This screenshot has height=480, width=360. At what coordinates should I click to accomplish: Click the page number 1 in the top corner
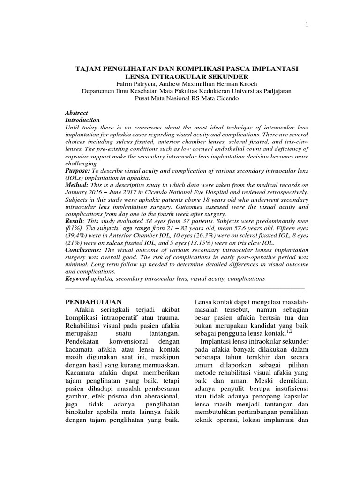click(x=307, y=25)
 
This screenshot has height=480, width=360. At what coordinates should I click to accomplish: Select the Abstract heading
click(x=76, y=113)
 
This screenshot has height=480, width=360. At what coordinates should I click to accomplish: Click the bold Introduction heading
click(x=82, y=120)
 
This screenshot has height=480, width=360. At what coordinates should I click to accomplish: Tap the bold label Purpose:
click(x=77, y=172)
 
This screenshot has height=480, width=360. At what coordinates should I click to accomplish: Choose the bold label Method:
click(x=77, y=185)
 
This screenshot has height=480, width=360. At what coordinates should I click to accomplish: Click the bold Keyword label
click(x=77, y=278)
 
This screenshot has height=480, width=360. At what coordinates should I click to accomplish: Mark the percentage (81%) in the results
click(x=74, y=229)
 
